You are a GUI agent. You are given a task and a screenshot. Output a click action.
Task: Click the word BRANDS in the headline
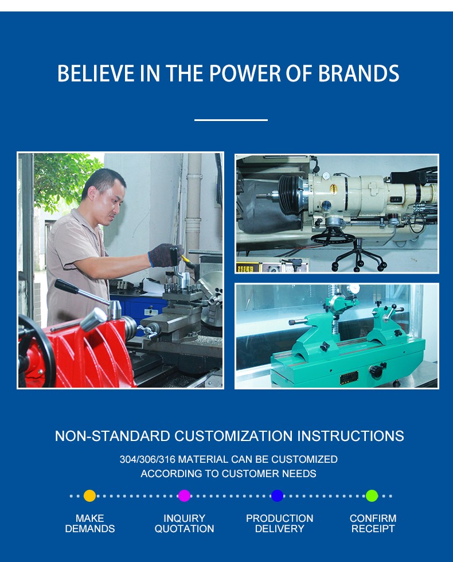click(x=358, y=73)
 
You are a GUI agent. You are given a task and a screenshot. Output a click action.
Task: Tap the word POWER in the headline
click(x=245, y=73)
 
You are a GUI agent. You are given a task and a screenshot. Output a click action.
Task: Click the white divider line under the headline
click(x=231, y=120)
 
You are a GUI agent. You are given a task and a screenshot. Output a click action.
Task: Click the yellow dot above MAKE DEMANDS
click(x=89, y=495)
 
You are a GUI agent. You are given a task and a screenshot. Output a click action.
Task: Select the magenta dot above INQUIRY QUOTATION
click(x=184, y=495)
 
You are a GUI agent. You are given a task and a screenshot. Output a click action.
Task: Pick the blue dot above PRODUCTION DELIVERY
click(x=278, y=495)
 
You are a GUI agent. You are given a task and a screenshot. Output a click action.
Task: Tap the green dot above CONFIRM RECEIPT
click(x=372, y=495)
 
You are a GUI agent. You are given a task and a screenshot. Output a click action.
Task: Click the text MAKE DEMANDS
click(x=90, y=523)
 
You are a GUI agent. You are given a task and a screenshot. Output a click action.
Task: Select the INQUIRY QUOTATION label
click(x=184, y=523)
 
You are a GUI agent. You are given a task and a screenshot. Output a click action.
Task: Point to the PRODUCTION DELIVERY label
click(x=280, y=523)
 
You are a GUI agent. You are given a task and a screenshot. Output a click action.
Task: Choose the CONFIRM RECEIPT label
click(x=373, y=523)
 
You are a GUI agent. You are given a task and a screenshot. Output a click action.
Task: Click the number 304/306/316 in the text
click(x=147, y=459)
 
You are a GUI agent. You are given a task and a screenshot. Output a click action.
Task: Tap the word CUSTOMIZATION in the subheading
click(x=234, y=436)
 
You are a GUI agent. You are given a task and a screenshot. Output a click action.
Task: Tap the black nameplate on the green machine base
click(x=349, y=377)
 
